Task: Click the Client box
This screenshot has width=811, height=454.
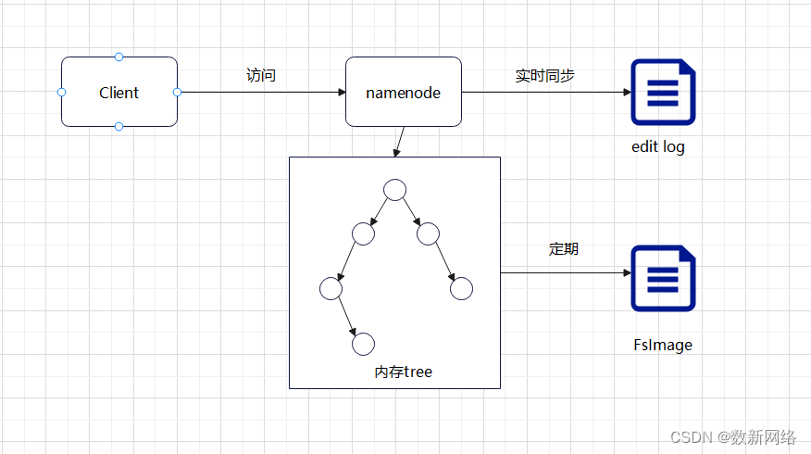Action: coord(119,93)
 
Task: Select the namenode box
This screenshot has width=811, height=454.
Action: coord(403,93)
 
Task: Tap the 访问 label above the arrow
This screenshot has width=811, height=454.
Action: coord(261,75)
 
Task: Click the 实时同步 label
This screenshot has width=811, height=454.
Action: coord(544,75)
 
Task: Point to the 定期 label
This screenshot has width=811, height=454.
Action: coord(563,248)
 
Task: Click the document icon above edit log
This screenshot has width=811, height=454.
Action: coord(663,93)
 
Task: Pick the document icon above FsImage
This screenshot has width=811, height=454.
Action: coord(663,278)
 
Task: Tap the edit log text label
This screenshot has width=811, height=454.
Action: coord(658,146)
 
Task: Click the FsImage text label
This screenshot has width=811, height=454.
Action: coord(663,345)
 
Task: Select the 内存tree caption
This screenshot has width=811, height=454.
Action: coord(403,372)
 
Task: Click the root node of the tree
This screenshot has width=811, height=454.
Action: coord(395,190)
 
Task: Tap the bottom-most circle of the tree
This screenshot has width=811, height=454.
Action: coord(364,344)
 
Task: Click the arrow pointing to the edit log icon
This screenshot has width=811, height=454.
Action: coord(546,93)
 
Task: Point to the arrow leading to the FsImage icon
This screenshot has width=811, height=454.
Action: coord(565,273)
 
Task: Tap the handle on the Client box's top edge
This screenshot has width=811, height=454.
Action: coord(119,57)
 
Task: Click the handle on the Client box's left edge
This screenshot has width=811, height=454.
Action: coord(61,93)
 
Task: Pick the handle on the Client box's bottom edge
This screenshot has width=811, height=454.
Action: coord(119,127)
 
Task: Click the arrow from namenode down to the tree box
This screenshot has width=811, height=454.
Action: coord(399,141)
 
